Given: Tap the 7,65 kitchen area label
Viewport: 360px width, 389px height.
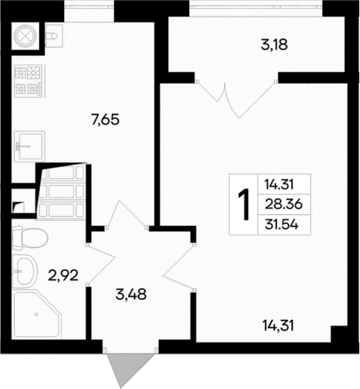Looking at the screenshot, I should click(105, 119).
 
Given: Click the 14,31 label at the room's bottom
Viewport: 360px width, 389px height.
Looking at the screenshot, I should click(280, 324).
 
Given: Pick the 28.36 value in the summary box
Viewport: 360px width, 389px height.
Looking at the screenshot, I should click(282, 204).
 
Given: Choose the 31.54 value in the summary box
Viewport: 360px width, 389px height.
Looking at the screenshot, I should click(282, 224).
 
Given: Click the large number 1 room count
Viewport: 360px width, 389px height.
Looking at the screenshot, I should click(244, 204).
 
